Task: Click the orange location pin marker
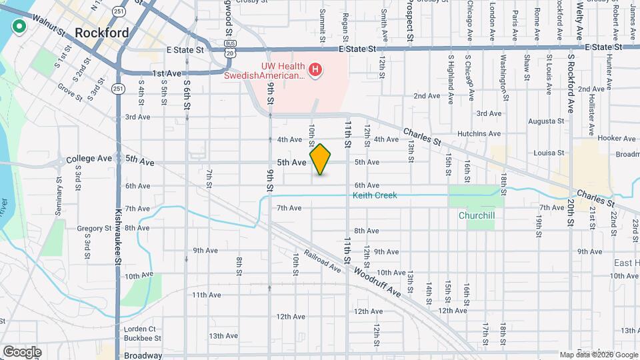(x=321, y=159)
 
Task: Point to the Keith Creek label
(x=375, y=195)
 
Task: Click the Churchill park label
(x=476, y=215)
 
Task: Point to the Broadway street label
(x=143, y=355)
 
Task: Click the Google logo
(x=22, y=351)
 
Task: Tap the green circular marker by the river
(x=19, y=27)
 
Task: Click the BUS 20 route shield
(x=229, y=50)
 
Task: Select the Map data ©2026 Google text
(x=598, y=355)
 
